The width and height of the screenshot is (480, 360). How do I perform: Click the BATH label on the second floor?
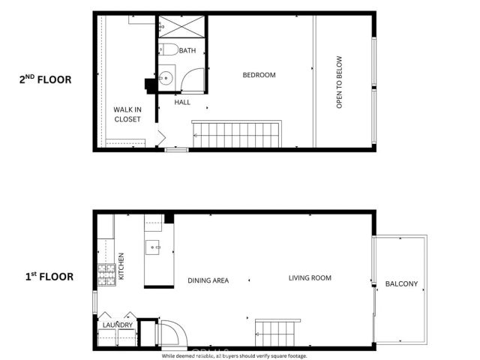(187, 51)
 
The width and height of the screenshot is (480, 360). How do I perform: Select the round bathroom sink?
(166, 77)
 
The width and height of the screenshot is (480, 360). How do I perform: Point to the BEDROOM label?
(259, 75)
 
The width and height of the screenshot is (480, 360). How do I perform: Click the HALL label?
(182, 101)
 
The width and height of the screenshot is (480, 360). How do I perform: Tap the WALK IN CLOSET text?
(127, 114)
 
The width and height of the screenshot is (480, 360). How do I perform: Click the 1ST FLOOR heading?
(48, 277)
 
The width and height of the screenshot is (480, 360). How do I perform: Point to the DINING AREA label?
(208, 280)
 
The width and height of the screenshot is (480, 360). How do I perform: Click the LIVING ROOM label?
(310, 278)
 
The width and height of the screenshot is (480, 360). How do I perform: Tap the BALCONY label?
(401, 284)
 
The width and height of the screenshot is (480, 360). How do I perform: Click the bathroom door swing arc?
(193, 81)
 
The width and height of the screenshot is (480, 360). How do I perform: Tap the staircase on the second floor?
(236, 135)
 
